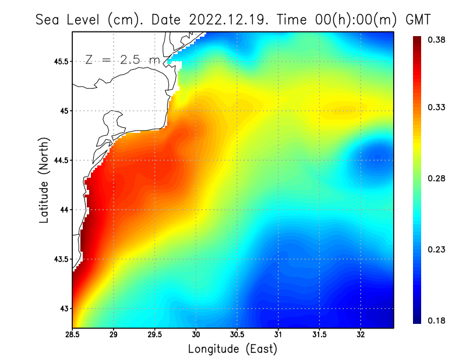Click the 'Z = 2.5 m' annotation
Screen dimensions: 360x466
121,59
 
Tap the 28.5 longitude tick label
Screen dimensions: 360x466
73,334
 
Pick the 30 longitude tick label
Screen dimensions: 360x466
196,334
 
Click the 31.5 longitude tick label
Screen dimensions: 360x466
319,334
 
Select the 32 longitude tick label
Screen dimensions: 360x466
361,334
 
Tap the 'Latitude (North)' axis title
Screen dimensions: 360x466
44,180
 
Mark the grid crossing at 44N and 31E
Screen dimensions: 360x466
278,210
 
